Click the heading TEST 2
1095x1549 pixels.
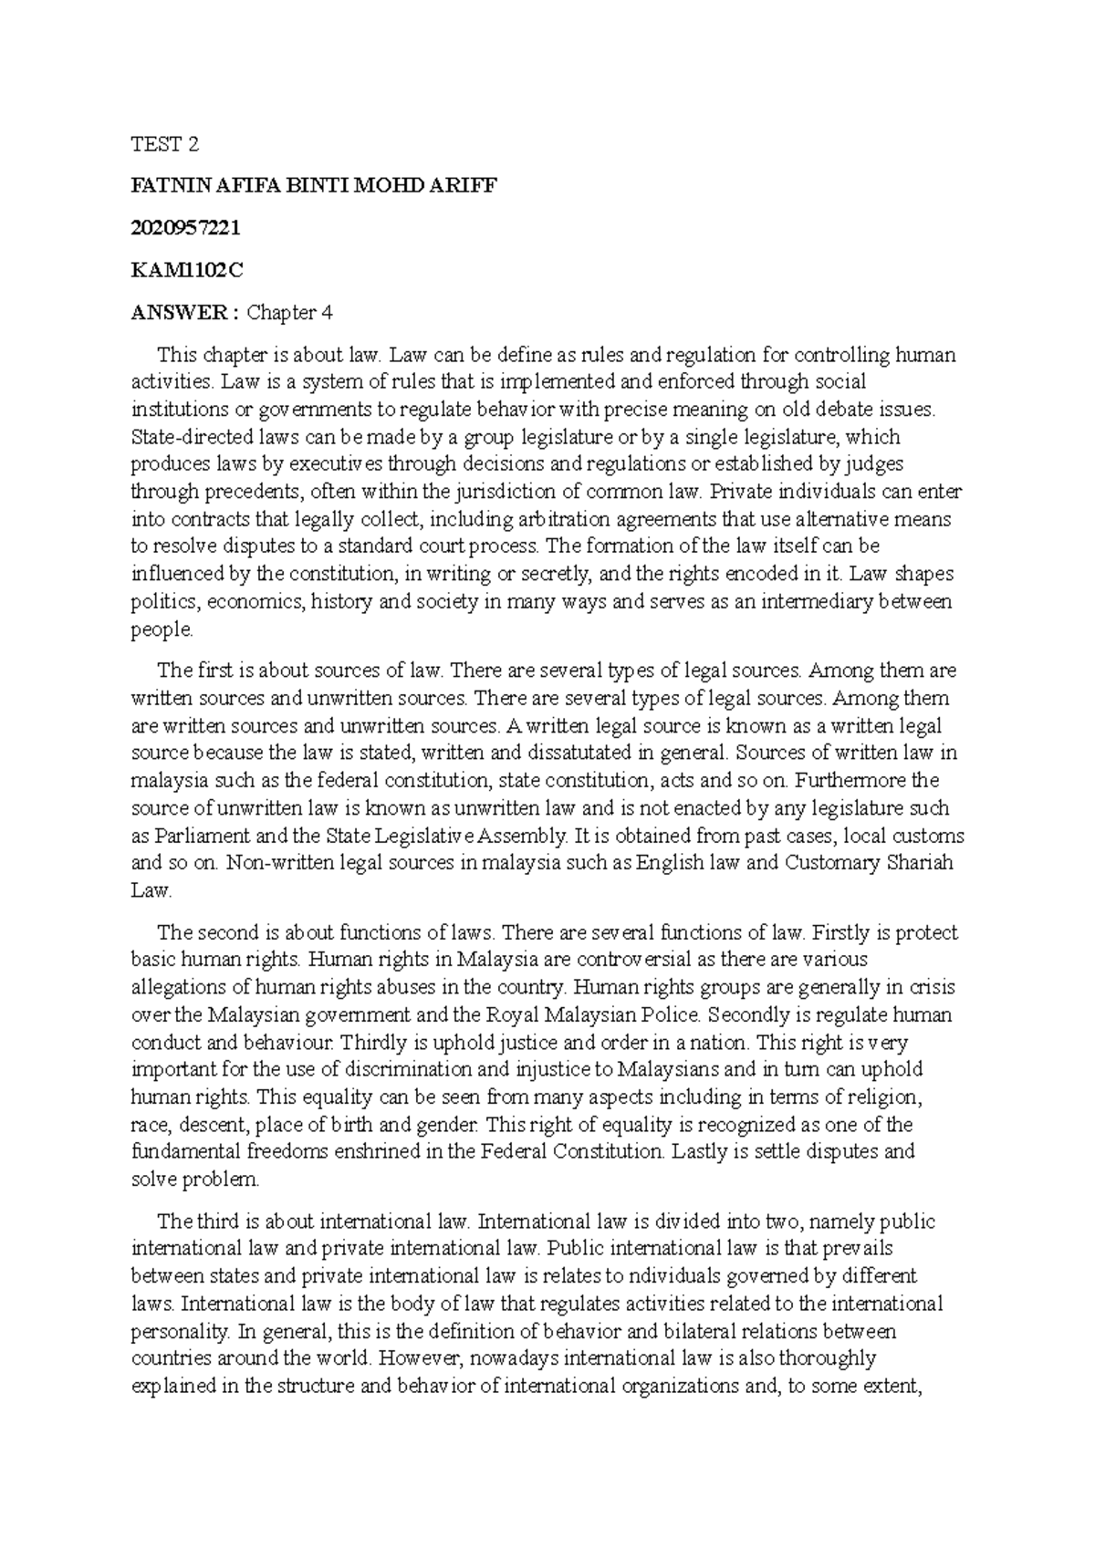click(x=164, y=144)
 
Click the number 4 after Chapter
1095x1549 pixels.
click(x=326, y=313)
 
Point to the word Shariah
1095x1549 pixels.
click(x=919, y=862)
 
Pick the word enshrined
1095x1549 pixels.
click(x=369, y=1150)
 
